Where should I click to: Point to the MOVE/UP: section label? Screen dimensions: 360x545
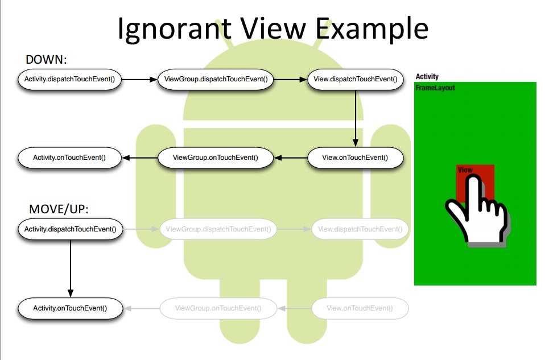click(59, 209)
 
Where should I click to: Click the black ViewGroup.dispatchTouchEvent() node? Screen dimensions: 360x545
click(215, 79)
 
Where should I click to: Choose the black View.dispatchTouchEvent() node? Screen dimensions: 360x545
click(355, 79)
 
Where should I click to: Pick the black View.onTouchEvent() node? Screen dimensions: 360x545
click(355, 158)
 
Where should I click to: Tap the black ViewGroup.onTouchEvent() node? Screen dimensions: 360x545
click(215, 158)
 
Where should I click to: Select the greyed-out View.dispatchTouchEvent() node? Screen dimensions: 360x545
click(360, 229)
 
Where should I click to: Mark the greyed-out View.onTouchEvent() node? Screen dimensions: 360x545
click(360, 308)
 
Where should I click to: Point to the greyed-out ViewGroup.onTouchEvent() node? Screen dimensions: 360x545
click(218, 308)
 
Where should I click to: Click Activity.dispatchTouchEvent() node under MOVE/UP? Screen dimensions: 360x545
click(70, 229)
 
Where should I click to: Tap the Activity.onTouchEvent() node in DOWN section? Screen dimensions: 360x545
click(69, 158)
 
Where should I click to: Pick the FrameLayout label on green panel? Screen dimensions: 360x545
click(435, 88)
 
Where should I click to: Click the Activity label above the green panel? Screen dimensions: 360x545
click(427, 77)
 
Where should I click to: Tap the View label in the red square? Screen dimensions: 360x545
click(465, 170)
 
